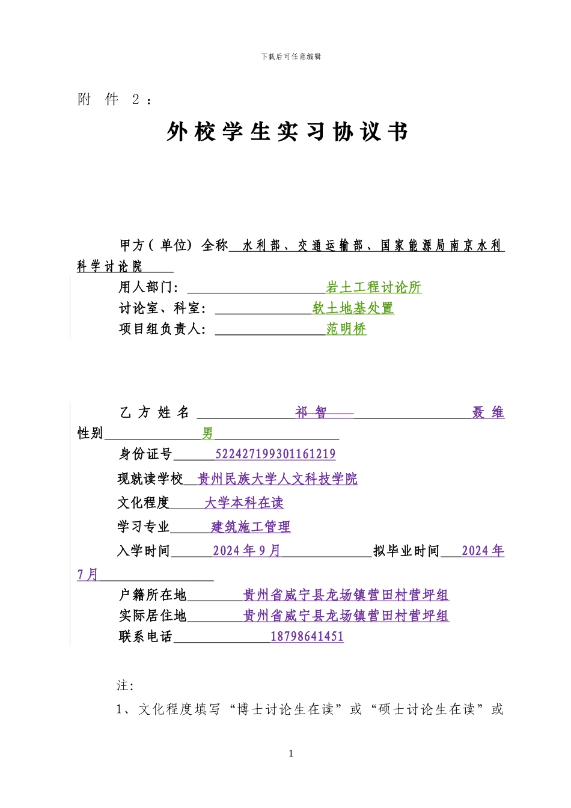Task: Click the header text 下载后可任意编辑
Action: point(291,57)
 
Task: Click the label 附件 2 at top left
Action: point(114,100)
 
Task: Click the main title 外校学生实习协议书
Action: point(287,132)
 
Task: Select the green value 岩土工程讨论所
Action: point(373,287)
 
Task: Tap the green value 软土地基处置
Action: point(353,308)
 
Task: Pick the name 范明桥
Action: point(346,329)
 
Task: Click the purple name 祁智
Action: point(311,412)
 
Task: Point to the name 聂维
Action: point(488,412)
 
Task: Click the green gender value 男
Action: point(207,433)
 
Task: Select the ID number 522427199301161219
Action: point(275,454)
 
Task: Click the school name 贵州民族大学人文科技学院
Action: point(278,479)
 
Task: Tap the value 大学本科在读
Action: point(244,503)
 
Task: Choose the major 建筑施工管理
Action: point(251,527)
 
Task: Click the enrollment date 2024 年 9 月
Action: point(246,551)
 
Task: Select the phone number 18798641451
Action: point(307,637)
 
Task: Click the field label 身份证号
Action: point(145,454)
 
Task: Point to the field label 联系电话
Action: point(145,637)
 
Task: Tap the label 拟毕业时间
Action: point(406,551)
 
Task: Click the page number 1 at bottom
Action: point(291,754)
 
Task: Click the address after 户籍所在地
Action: point(346,595)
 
